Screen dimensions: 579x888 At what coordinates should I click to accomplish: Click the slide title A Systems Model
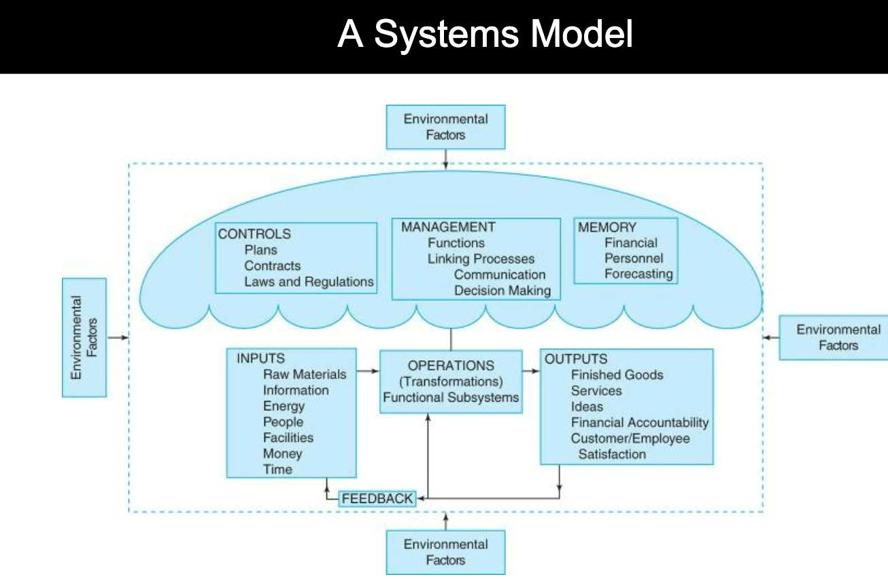484,34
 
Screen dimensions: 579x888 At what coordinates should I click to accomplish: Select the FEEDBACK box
377,498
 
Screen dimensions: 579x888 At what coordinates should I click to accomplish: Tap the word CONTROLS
254,234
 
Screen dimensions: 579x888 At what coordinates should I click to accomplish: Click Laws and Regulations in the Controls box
309,281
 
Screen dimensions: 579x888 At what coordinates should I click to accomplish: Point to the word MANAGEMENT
447,227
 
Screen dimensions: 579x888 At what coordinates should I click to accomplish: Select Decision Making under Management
502,291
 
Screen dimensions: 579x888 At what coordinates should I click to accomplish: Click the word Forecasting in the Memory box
638,275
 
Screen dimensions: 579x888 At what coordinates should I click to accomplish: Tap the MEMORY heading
607,228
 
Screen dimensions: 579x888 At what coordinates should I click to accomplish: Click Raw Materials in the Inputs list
305,374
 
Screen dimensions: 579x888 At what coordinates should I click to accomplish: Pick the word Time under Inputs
277,470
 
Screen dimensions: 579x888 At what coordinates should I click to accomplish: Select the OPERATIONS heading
451,366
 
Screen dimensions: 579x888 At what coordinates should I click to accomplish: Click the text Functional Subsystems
450,398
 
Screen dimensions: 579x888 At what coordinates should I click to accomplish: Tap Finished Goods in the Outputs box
617,374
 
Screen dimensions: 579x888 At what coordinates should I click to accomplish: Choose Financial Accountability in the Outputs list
639,423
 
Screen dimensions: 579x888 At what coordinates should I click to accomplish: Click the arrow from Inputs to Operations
367,371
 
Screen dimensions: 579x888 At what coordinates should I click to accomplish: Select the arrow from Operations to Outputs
531,371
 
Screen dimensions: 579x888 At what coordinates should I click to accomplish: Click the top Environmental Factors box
445,127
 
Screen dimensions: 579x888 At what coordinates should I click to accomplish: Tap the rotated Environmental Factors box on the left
84,337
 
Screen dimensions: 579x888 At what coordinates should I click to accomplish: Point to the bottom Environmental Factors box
445,552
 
